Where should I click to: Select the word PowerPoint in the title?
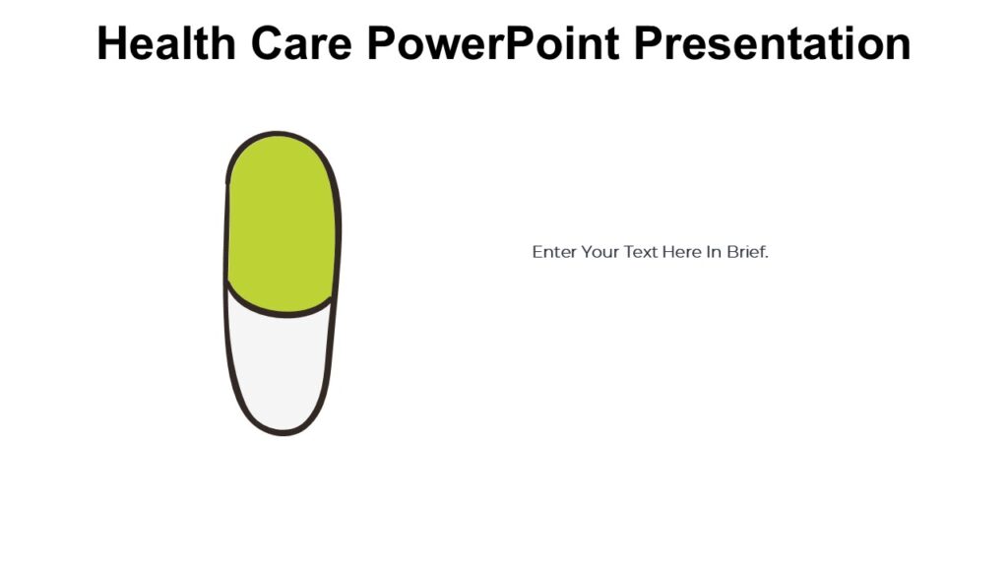click(496, 44)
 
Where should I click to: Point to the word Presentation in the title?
click(773, 44)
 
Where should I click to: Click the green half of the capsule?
click(283, 221)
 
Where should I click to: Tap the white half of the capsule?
click(281, 369)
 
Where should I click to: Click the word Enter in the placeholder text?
click(553, 252)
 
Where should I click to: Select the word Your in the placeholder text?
click(599, 252)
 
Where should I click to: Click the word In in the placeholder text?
click(714, 252)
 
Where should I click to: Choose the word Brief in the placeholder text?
click(747, 252)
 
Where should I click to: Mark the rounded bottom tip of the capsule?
click(283, 431)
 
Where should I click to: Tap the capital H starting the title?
click(110, 44)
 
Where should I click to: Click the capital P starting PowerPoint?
click(380, 44)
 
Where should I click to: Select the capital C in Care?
click(263, 44)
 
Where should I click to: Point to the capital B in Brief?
click(732, 252)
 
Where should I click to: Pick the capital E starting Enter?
click(537, 252)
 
